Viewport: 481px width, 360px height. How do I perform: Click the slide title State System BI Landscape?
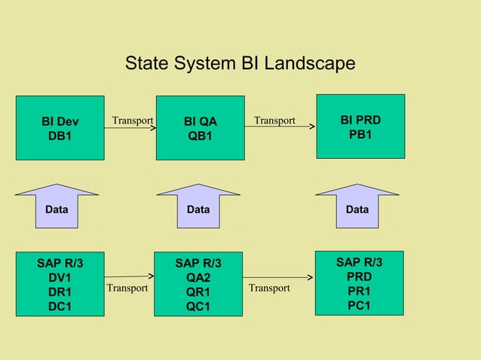(x=240, y=63)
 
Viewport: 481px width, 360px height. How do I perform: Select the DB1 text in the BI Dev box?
(x=60, y=136)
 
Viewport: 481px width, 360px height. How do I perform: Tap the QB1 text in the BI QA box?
(x=200, y=136)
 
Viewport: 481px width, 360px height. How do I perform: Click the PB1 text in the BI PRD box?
(x=360, y=135)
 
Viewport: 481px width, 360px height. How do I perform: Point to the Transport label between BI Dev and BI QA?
(x=133, y=121)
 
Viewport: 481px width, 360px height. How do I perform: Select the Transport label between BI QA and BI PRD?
(x=274, y=121)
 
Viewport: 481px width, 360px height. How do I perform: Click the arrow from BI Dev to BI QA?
(x=130, y=128)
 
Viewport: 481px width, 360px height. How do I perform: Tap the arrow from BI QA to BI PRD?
(x=279, y=127)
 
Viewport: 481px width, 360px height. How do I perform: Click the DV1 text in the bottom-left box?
(x=60, y=278)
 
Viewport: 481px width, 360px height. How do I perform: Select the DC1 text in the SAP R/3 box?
(x=60, y=307)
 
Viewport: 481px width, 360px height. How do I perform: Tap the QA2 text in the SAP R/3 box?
(x=198, y=278)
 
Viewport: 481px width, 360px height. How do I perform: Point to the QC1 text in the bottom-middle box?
(x=198, y=307)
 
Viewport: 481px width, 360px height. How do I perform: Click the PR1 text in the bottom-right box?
(x=359, y=291)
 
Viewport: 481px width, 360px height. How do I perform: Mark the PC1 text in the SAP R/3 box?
(x=359, y=305)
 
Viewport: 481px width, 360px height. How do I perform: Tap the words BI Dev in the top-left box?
(x=60, y=122)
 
